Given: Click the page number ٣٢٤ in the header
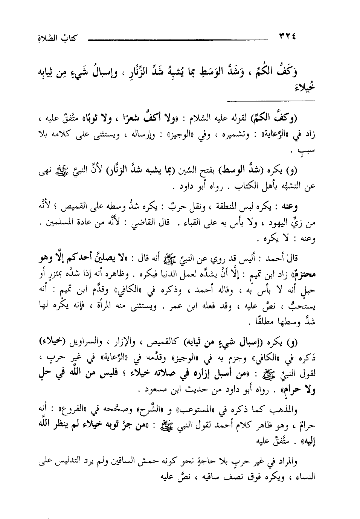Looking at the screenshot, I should click(x=286, y=37).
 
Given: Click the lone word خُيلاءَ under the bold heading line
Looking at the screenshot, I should click(x=305, y=88).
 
